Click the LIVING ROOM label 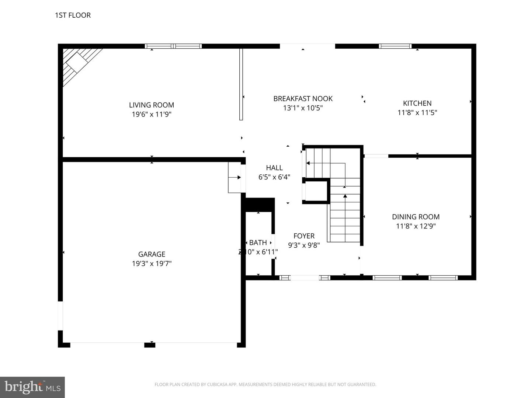coord(151,105)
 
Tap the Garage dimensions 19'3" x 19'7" coord(152,263)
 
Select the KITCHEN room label coord(417,103)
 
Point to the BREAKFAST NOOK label coord(303,99)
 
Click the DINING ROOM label coord(416,217)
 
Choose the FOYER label coord(304,236)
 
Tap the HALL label coord(274,168)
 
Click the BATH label coord(258,242)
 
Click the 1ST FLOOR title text coord(73,15)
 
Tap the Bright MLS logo coord(32,387)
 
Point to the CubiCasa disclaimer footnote coord(265,384)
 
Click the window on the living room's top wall coord(173,46)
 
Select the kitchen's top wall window coord(395,46)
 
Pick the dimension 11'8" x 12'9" coord(416,226)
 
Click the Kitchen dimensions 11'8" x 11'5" coord(417,113)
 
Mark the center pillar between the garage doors coord(149,345)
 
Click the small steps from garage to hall coord(235,177)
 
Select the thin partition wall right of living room coord(241,84)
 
